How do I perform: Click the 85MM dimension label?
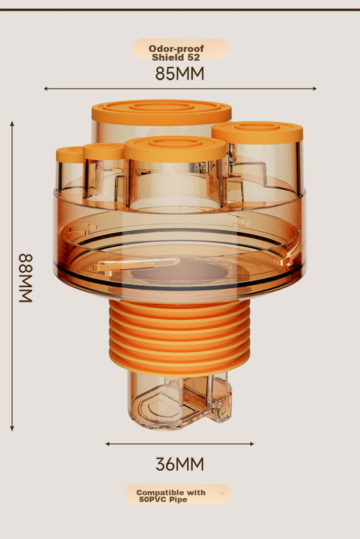180,73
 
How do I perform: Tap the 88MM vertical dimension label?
26,278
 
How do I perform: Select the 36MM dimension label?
180,464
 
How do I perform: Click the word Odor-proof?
176,49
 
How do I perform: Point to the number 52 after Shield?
193,57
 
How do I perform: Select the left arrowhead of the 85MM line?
46,88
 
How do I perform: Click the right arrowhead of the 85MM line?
314,88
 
